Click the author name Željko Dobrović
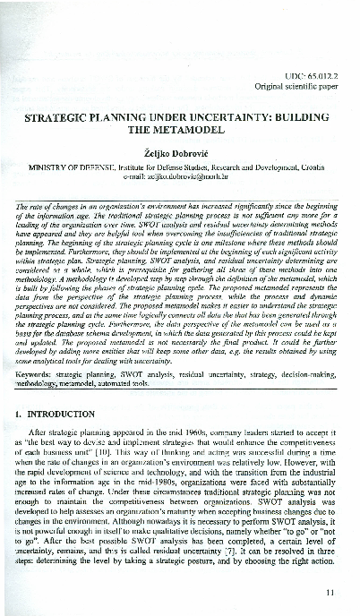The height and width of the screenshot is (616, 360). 179,152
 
